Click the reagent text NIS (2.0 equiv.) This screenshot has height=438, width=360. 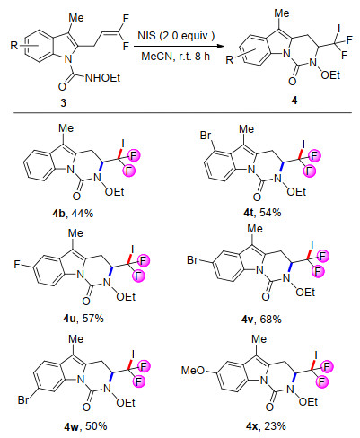click(x=176, y=36)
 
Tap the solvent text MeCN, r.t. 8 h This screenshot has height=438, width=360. click(x=176, y=56)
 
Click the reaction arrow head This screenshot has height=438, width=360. click(x=221, y=46)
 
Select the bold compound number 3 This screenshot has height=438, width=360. click(x=63, y=103)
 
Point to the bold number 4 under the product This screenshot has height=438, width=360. click(x=294, y=101)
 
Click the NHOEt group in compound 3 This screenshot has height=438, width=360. click(x=102, y=78)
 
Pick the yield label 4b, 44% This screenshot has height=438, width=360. click(x=73, y=214)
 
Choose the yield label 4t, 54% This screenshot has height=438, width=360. click(x=262, y=213)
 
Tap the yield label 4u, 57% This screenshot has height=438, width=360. click(x=83, y=319)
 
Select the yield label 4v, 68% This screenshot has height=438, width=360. click(x=261, y=320)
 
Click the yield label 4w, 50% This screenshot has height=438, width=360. click(x=86, y=426)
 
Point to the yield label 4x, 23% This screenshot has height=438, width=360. click(x=266, y=425)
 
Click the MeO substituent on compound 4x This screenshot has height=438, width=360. click(x=193, y=371)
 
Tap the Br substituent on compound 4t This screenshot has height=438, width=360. click(x=206, y=136)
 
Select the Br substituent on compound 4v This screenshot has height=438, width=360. click(x=193, y=260)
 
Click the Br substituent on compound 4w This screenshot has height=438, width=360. click(x=23, y=399)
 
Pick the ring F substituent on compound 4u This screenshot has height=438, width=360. click(x=17, y=265)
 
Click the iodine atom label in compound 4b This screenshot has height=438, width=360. click(x=123, y=144)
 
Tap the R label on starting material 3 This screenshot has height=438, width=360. click(x=14, y=46)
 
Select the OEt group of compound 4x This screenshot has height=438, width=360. click(x=308, y=402)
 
